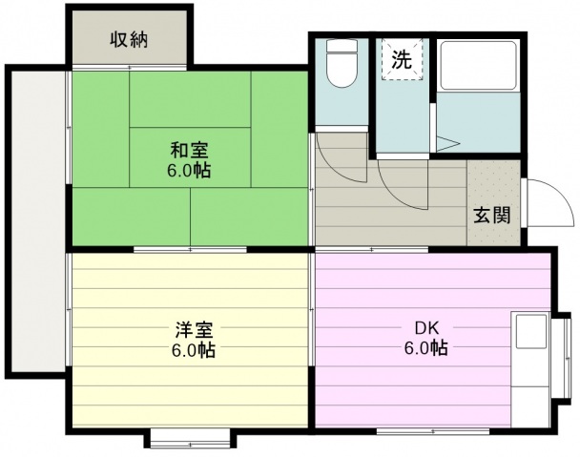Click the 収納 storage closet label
tap(130, 40)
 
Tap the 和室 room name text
tap(190, 151)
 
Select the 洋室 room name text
tap(194, 330)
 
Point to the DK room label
tap(426, 328)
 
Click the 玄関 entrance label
tap(492, 215)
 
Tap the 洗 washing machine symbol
tap(402, 59)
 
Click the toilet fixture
tap(342, 63)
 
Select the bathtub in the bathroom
tap(478, 66)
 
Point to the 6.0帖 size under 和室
tap(189, 170)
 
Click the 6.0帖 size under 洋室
tap(193, 350)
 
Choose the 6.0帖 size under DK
tap(426, 347)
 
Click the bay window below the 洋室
tap(190, 439)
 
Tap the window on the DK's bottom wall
tap(433, 431)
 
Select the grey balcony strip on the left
tap(38, 221)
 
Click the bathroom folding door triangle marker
tap(447, 144)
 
